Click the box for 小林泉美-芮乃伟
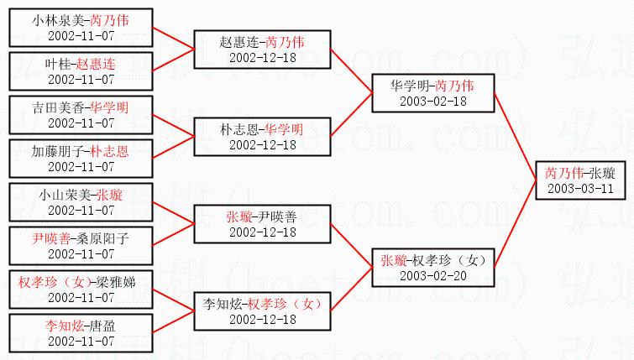point(81,25)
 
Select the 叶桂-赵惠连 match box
point(81,69)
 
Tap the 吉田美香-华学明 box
point(81,113)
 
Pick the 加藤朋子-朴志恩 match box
point(81,157)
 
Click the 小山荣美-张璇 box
point(81,201)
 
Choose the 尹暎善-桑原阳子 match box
point(81,245)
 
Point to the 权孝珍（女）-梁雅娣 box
point(81,289)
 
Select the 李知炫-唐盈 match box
point(81,332)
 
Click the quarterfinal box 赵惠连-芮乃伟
point(262,49)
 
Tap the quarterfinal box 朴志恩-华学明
point(262,136)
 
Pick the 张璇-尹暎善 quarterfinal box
point(262,223)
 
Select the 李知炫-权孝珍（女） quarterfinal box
point(262,310)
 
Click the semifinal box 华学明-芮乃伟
point(432,92)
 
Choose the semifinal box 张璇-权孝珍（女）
point(432,267)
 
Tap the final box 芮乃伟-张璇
point(579,180)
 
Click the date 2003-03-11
point(579,188)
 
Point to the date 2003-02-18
point(432,101)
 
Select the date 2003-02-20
point(432,275)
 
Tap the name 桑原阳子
point(102,237)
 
